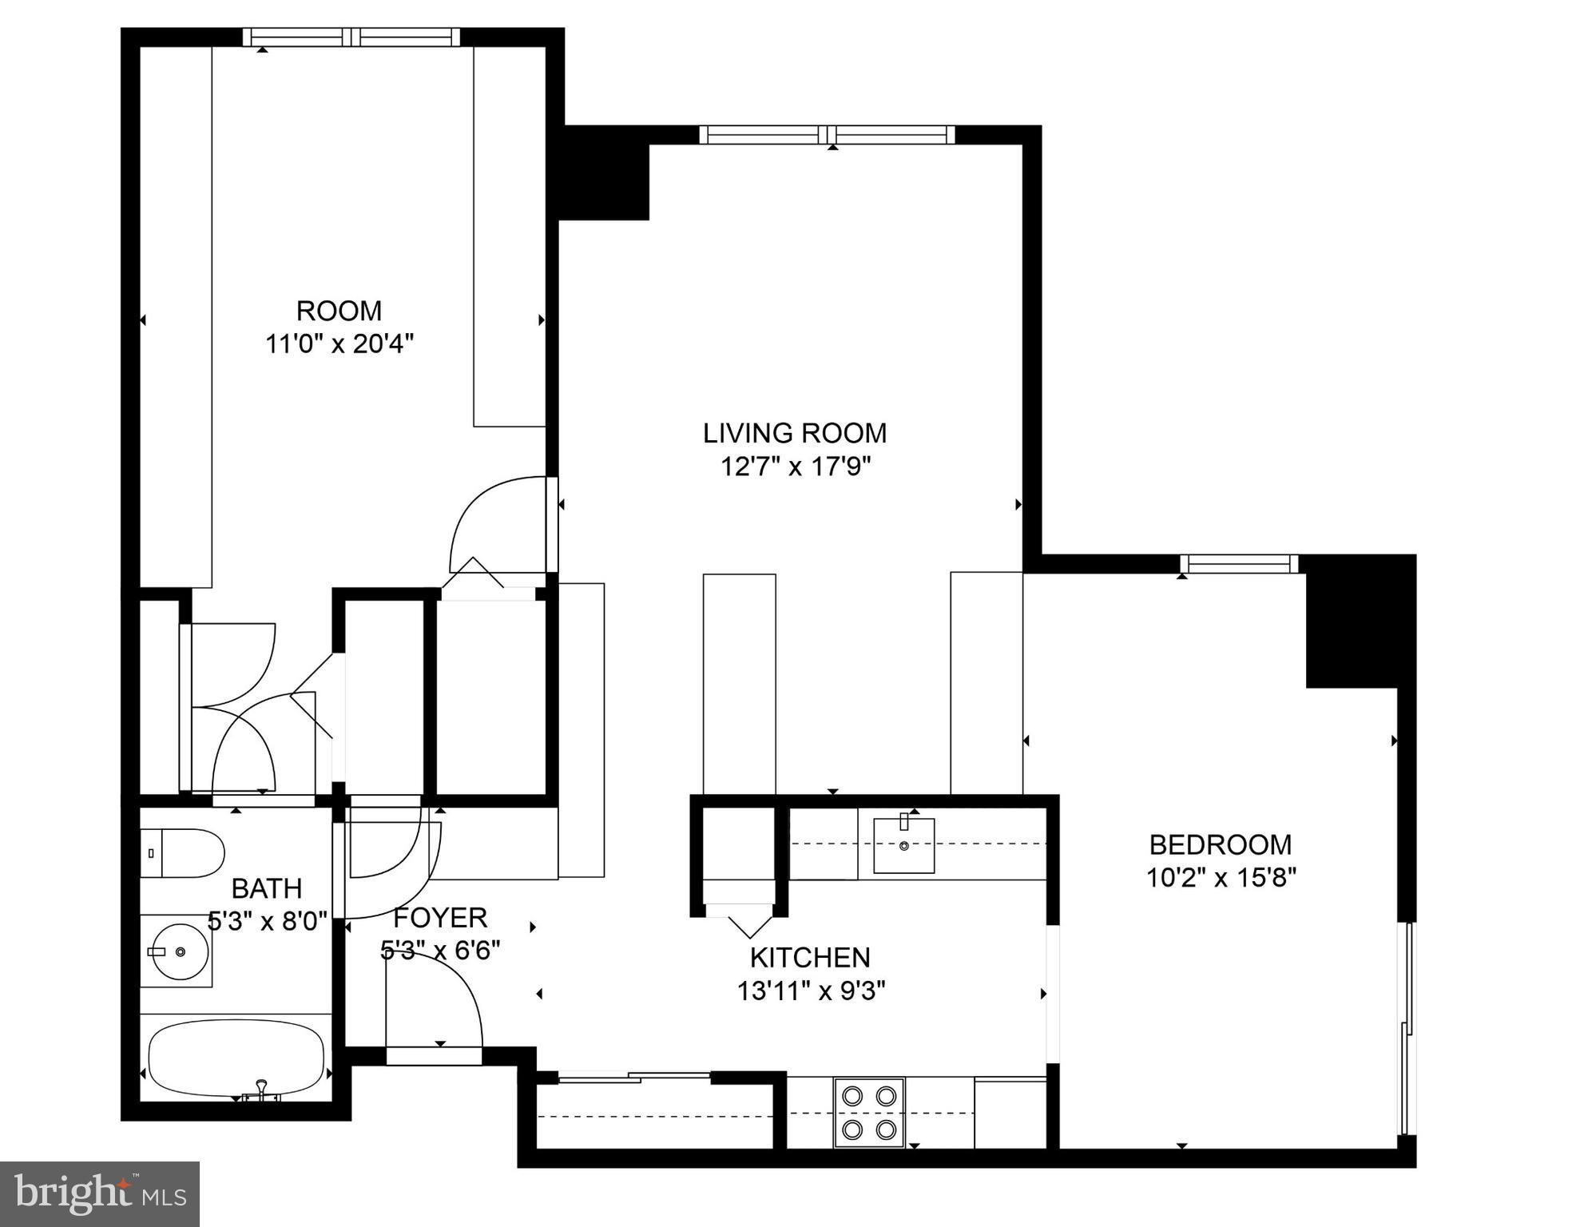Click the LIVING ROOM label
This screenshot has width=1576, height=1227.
[794, 433]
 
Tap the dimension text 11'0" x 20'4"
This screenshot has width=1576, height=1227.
[339, 344]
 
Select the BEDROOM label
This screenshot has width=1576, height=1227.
[1220, 844]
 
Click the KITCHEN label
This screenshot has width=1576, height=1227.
[809, 957]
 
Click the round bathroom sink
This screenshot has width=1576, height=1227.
[180, 951]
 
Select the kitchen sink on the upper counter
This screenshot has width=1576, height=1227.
[903, 845]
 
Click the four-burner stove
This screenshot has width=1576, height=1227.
[869, 1112]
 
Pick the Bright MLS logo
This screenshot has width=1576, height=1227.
[100, 1193]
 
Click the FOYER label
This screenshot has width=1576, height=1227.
[440, 918]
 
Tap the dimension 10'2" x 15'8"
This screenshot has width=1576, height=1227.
[1221, 878]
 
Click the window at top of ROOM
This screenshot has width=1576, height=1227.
[351, 37]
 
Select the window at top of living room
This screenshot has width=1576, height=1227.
[827, 134]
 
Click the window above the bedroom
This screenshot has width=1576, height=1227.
[1239, 564]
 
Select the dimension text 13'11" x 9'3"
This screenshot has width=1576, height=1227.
[810, 991]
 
